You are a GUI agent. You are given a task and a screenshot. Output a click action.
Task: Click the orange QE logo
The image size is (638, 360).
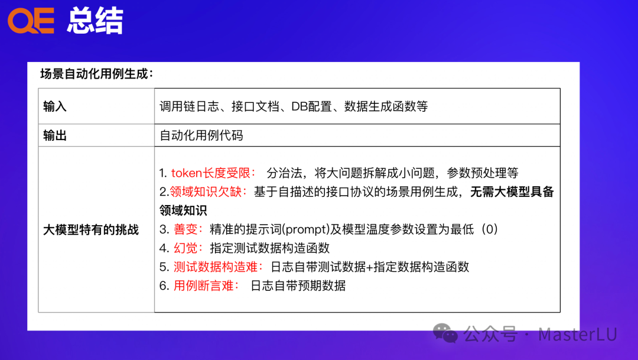point(31,21)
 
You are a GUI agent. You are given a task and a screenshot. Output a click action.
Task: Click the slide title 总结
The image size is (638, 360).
point(95,21)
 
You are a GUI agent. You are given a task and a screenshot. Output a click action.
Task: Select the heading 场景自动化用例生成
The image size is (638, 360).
point(96,74)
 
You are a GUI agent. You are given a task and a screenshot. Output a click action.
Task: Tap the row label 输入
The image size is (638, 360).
point(55,106)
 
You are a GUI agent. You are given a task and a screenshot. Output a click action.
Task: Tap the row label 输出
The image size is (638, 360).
point(55,136)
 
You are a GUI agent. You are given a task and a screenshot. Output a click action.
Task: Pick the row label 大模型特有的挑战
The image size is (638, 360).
point(91,229)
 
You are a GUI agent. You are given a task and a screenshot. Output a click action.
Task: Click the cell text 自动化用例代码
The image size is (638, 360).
point(201,136)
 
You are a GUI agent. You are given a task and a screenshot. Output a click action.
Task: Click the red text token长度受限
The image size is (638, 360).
point(213,173)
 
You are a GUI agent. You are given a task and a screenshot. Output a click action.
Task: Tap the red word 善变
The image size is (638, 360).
point(188,229)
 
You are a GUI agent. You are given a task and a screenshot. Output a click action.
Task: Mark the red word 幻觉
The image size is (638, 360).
point(188,248)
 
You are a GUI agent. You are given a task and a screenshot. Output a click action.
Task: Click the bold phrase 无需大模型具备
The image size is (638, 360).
point(512,192)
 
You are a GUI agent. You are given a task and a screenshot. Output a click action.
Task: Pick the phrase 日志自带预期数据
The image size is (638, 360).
point(298,286)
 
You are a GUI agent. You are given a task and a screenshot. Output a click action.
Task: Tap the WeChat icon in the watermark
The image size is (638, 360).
point(445,333)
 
